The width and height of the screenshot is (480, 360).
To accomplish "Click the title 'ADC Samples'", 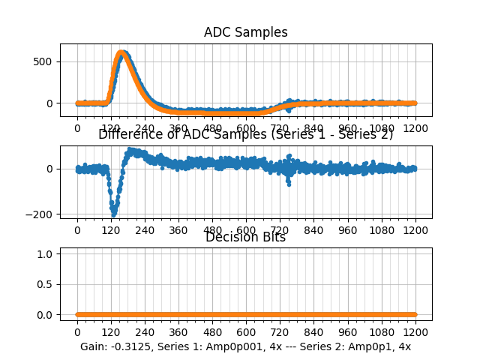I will point(245,32).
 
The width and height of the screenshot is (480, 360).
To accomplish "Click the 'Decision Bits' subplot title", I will point(245,238).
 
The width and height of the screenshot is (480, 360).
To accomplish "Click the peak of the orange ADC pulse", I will point(121,53).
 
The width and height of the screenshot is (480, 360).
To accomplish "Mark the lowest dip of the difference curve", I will point(114,214).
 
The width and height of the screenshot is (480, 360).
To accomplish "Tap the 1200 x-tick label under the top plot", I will point(415,128).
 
